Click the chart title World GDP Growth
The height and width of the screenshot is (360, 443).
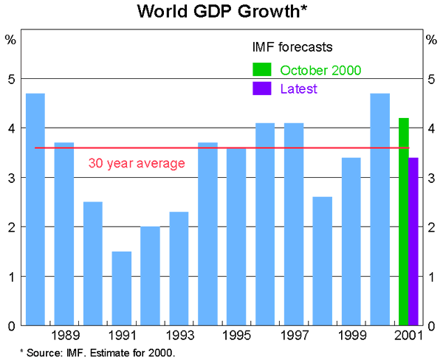pos(221,12)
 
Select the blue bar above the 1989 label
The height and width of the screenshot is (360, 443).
pos(64,234)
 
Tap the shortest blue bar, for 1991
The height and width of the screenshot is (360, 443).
pos(122,288)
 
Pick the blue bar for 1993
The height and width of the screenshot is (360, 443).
pos(179,269)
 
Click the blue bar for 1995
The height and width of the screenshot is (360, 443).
pos(237,236)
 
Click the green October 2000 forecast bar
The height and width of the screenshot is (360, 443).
pos(403,221)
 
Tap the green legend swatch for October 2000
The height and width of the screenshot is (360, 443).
pos(262,70)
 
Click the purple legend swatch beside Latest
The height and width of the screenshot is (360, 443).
pos(262,89)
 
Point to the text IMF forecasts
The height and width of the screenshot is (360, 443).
pos(292,46)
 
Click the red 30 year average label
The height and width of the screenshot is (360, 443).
pos(137,163)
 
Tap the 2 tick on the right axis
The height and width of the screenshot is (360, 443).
pos(432,227)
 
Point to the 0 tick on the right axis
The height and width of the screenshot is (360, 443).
pos(432,326)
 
